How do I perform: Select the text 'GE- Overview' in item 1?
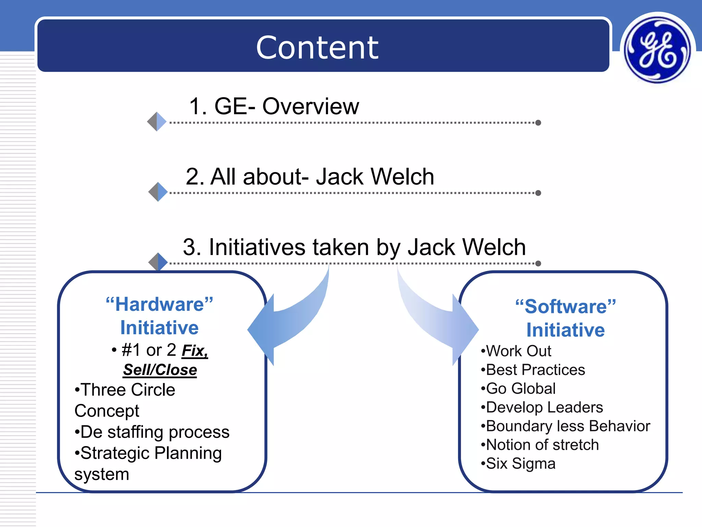tap(287, 106)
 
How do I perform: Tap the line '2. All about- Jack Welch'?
tap(310, 177)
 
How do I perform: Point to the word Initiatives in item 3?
tap(257, 247)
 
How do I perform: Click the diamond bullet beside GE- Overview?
tap(157, 121)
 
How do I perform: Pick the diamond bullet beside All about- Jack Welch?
tap(158, 192)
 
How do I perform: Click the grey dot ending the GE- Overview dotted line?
tap(538, 123)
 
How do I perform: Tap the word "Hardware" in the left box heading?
tap(159, 304)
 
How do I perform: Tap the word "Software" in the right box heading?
tap(566, 306)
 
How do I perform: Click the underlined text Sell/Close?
tap(160, 370)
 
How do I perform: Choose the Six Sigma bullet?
tap(518, 464)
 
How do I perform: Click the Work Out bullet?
tap(516, 351)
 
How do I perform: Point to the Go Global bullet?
tap(518, 389)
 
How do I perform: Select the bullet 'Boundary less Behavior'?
tap(566, 426)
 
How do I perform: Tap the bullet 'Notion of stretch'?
tap(540, 445)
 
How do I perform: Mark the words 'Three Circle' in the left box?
tap(125, 390)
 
